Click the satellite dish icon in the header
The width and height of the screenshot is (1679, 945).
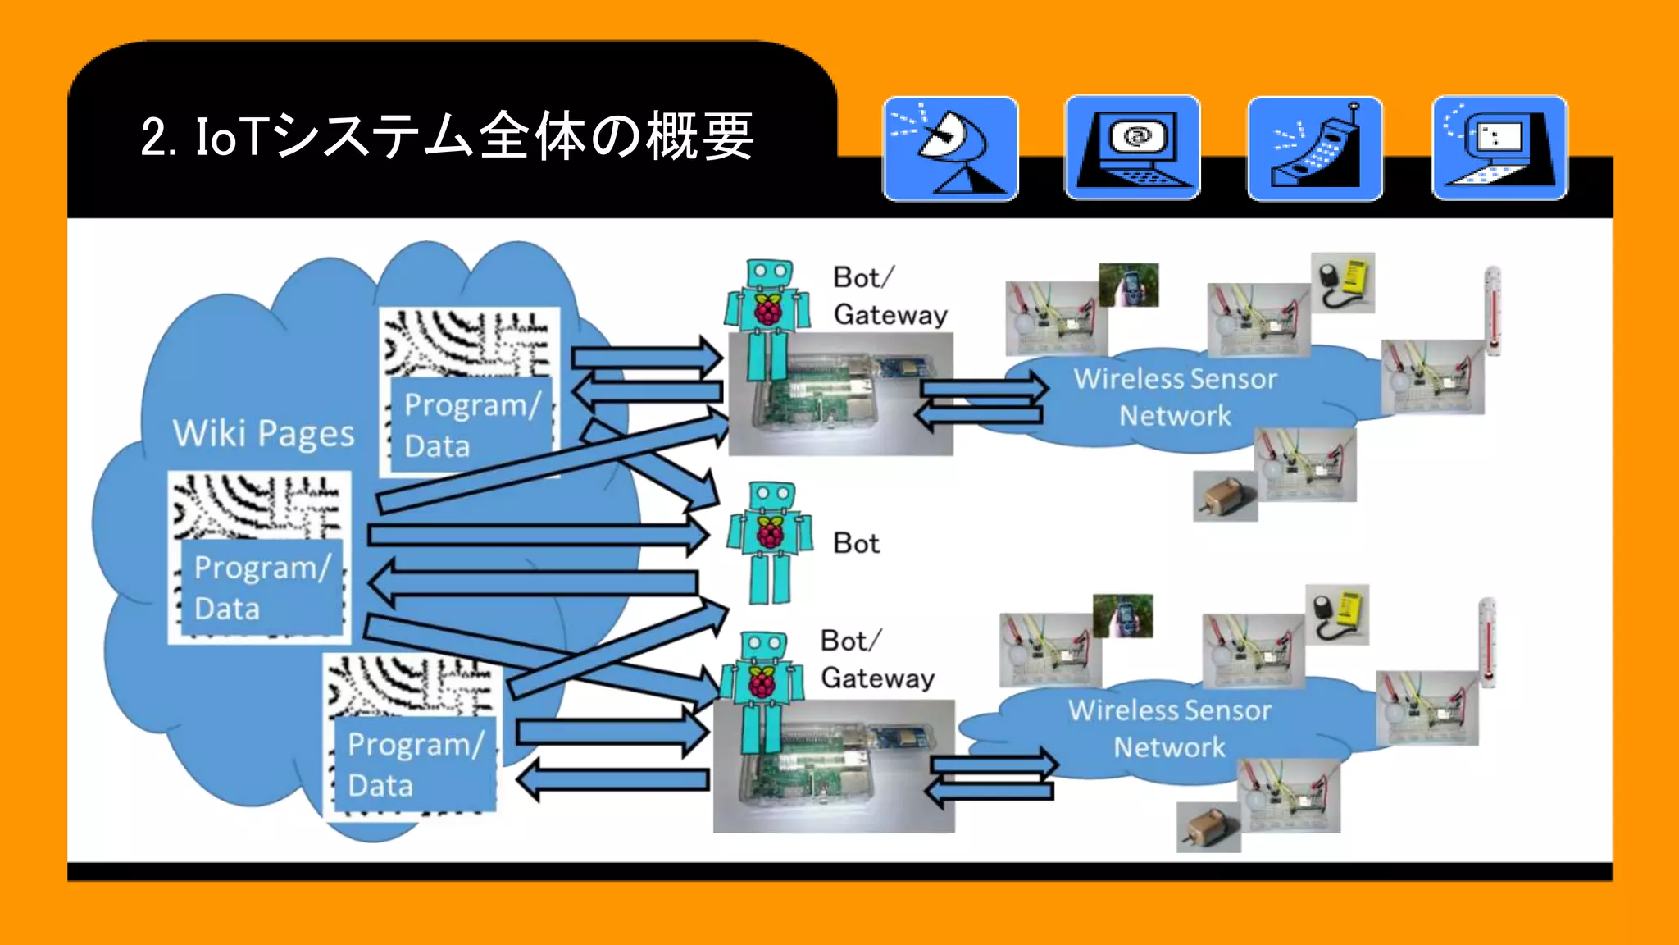[x=950, y=148]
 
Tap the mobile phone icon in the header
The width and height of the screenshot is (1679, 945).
[x=1315, y=148]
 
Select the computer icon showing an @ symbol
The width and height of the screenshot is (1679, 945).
[x=1132, y=148]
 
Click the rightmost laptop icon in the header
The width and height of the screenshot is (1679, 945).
[x=1499, y=148]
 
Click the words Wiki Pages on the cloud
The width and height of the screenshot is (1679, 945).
[x=263, y=433]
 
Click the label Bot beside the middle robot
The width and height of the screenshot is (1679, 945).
[x=856, y=543]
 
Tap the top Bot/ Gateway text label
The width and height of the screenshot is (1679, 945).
[x=890, y=296]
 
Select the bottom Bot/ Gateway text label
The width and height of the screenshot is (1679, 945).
[x=877, y=660]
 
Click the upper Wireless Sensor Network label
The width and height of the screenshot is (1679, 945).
[x=1175, y=397]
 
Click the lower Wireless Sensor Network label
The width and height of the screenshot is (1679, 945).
[x=1169, y=728]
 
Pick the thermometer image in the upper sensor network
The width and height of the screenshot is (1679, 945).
[x=1493, y=311]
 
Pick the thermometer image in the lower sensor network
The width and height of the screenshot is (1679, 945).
[x=1487, y=642]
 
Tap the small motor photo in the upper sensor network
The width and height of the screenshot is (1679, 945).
[x=1225, y=496]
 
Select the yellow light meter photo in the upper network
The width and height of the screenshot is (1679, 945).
[x=1343, y=283]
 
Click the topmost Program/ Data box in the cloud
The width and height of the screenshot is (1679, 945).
[x=471, y=425]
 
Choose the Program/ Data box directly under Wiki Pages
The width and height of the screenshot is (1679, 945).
[x=262, y=587]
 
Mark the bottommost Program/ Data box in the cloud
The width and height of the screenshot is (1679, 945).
[x=415, y=765]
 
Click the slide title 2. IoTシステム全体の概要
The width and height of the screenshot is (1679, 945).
[x=447, y=136]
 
